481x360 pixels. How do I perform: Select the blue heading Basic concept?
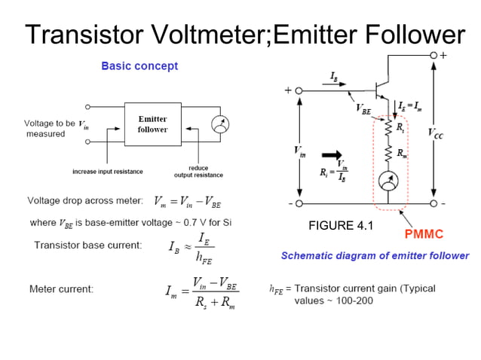(x=139, y=66)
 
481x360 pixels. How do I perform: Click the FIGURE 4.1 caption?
(x=340, y=225)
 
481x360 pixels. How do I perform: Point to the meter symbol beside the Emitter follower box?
(x=219, y=124)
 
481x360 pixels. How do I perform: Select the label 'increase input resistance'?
(x=107, y=172)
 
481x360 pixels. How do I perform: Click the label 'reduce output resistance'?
(x=198, y=172)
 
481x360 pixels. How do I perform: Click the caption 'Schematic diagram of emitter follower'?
(x=375, y=256)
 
